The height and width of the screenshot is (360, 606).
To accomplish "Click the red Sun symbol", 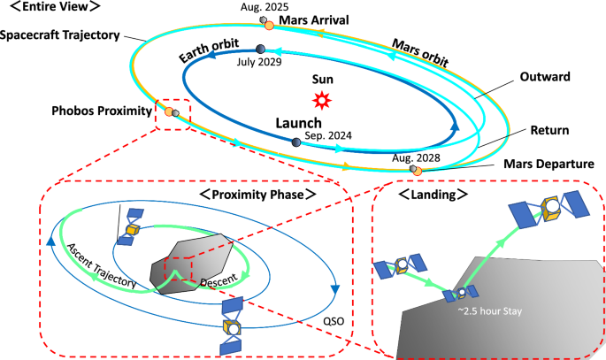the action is [322, 100].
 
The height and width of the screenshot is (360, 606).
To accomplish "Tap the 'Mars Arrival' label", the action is [315, 19].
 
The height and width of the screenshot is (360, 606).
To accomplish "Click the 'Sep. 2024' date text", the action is [329, 137].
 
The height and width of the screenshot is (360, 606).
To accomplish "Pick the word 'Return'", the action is [548, 131].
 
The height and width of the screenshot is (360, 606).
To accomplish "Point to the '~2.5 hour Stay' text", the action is [482, 311].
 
